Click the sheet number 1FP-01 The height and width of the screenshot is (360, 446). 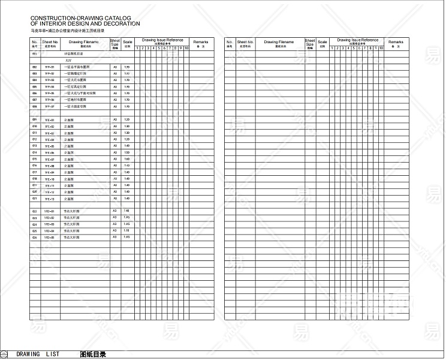[50, 67]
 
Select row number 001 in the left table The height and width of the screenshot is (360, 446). [35, 54]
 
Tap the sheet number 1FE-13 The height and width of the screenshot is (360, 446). [50, 199]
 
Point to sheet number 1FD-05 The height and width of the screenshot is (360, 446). [50, 238]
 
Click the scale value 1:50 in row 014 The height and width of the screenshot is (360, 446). [126, 153]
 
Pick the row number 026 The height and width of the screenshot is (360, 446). [35, 238]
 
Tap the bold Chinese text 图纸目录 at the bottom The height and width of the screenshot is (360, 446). [92, 354]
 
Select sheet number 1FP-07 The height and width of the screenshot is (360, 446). [50, 106]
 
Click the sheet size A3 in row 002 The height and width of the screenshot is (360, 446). [115, 67]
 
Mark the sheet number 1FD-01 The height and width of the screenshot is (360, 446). [50, 212]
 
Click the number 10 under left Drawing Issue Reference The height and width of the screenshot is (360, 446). [186, 48]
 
